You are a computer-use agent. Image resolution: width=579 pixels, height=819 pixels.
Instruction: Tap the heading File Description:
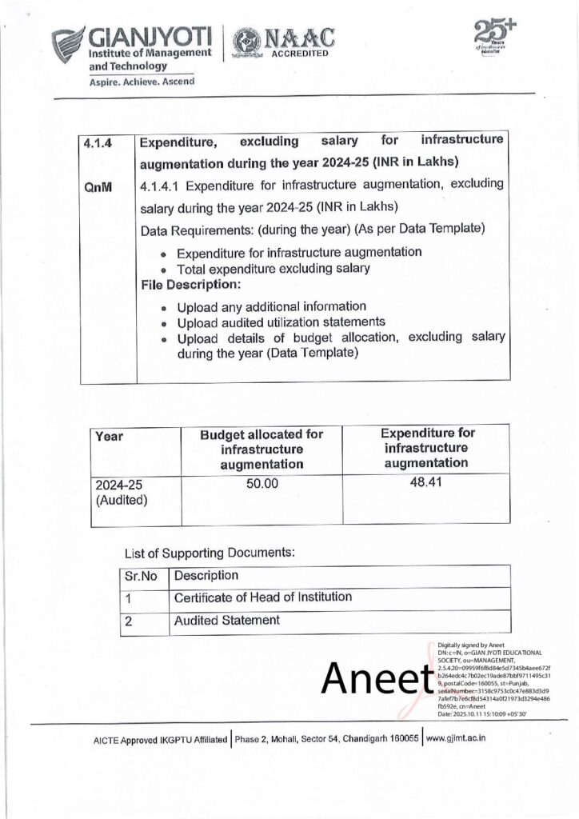(190, 285)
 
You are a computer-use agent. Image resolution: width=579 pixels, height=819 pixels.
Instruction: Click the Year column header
(109, 437)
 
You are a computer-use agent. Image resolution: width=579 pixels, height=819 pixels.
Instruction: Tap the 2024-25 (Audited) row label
(119, 492)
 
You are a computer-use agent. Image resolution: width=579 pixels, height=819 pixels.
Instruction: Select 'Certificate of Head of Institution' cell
(262, 597)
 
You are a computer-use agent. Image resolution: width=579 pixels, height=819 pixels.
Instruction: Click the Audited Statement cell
(227, 620)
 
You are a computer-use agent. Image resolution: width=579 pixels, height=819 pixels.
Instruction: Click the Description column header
(206, 576)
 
